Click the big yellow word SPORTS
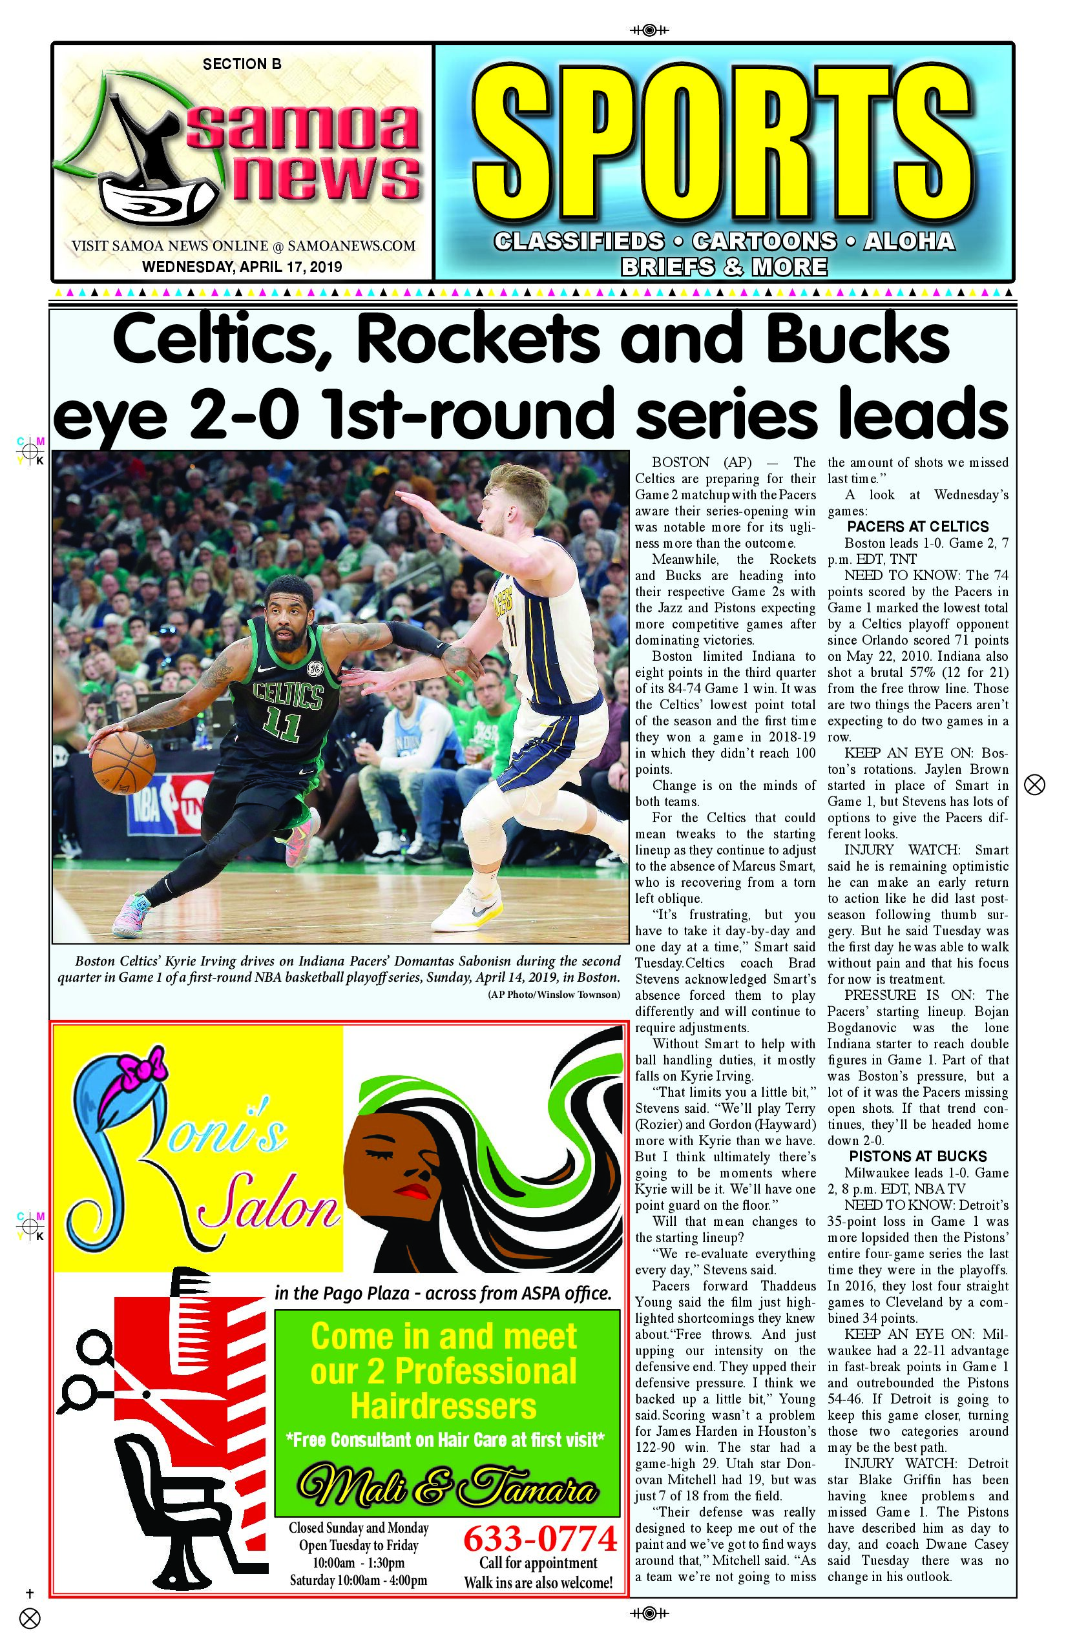724,142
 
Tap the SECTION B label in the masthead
242,65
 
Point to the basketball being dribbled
123,763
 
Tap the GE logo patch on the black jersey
315,669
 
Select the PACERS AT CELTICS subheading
918,526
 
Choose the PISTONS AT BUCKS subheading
918,1156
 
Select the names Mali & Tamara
446,1489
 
